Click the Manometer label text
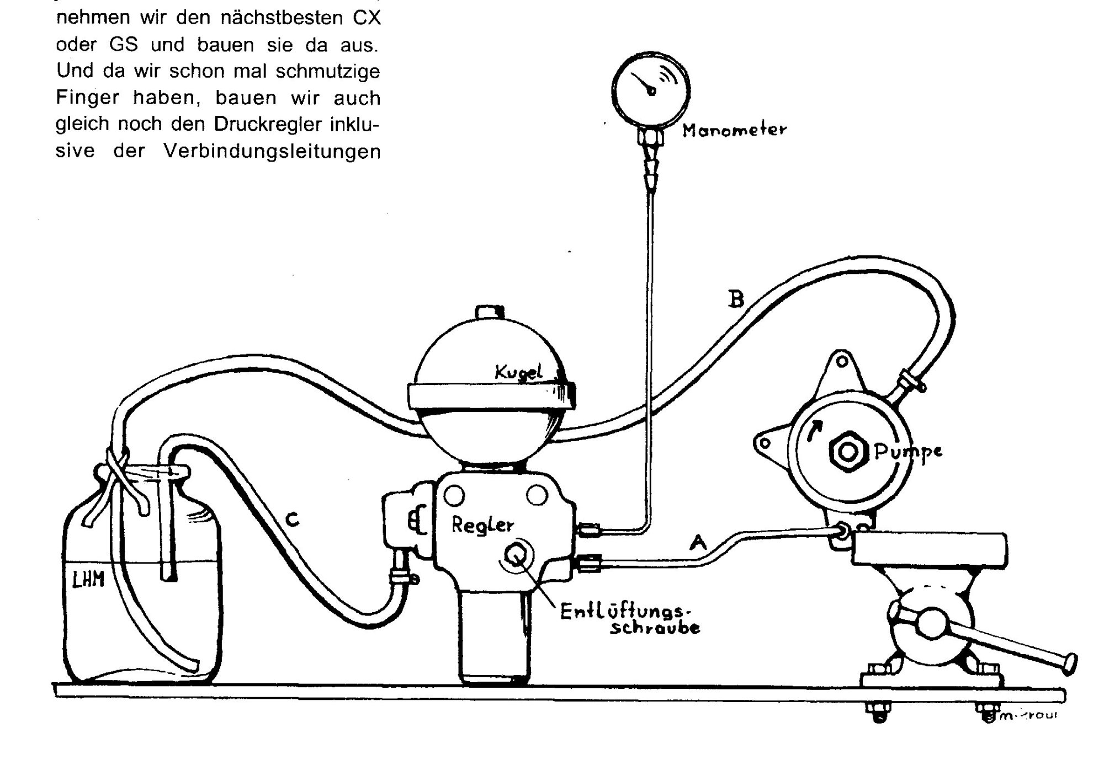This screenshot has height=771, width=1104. [x=734, y=131]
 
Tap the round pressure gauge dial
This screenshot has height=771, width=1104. [x=651, y=88]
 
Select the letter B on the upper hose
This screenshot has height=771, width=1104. [x=736, y=299]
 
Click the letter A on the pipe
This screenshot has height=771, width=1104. [x=698, y=543]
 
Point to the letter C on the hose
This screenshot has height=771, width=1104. [x=292, y=519]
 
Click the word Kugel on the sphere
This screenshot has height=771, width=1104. [x=518, y=373]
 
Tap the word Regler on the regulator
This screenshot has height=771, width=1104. [x=482, y=525]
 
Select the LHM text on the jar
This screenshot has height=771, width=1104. [x=88, y=579]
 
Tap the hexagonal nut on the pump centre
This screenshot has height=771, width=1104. [x=848, y=451]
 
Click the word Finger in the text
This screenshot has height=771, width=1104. [x=87, y=98]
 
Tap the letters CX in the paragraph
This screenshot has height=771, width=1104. [x=367, y=18]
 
